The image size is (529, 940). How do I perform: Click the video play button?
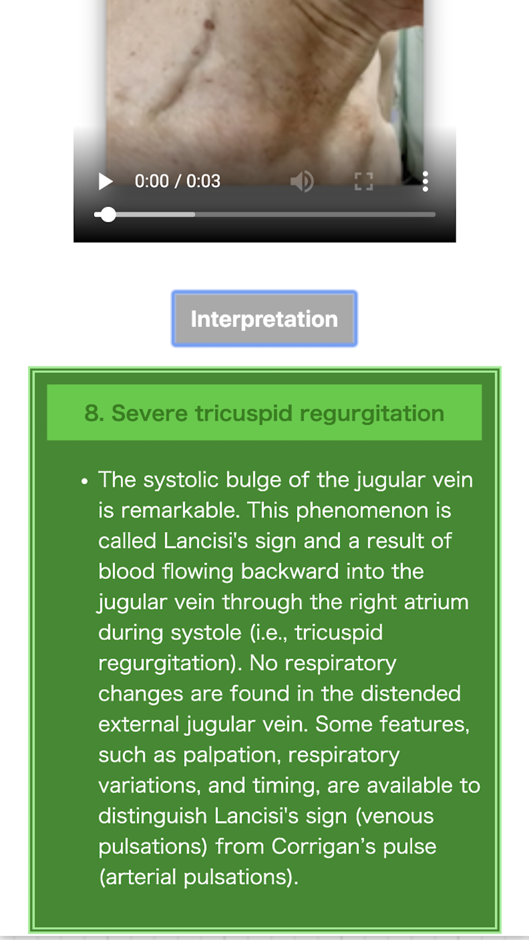click(x=105, y=181)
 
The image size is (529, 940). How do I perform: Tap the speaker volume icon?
click(x=302, y=181)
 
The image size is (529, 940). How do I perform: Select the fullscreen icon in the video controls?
click(x=363, y=181)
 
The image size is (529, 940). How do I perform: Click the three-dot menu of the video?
click(x=425, y=181)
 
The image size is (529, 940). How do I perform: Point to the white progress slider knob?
click(x=108, y=215)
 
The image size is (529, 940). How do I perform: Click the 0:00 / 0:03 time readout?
click(x=177, y=181)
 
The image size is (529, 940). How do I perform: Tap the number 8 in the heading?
click(x=92, y=413)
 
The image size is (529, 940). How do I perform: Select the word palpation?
click(x=232, y=755)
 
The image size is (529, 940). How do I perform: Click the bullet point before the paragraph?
click(x=85, y=481)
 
